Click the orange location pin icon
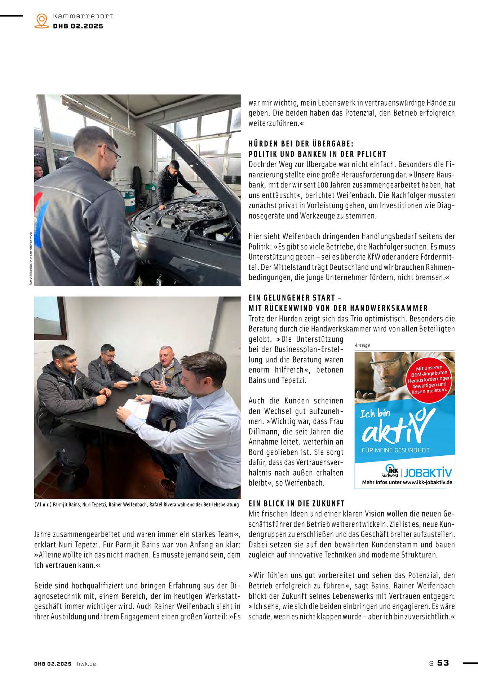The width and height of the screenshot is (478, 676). [x=42, y=21]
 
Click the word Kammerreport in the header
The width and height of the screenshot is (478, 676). [x=83, y=16]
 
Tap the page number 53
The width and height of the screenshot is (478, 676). [x=443, y=663]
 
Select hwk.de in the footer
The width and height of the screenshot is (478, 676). [x=87, y=664]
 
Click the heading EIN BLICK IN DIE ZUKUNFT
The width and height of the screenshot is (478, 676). [x=297, y=503]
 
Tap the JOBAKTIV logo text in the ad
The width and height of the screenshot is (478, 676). [x=428, y=472]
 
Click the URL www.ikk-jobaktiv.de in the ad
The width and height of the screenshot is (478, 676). [x=427, y=482]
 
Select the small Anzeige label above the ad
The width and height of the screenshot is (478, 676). [x=362, y=345]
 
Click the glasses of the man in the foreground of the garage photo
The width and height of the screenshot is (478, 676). [x=112, y=153]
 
